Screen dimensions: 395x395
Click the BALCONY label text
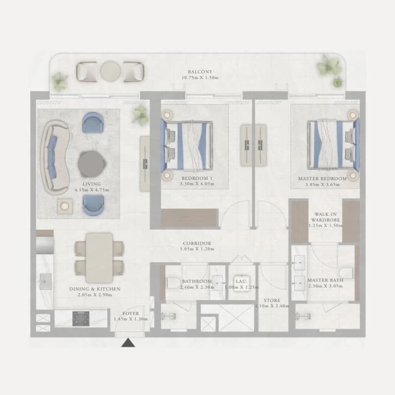point(200,72)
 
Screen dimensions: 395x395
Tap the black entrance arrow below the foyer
point(128,343)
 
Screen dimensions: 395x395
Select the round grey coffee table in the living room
point(91,164)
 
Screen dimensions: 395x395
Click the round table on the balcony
point(110,71)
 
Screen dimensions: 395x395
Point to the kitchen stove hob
point(81,318)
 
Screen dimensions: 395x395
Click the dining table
point(99,258)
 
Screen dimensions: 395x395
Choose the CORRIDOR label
point(197,243)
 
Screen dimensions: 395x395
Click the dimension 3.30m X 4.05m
point(197,184)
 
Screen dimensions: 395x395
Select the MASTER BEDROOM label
point(323,178)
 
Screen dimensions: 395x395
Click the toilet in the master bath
point(346,273)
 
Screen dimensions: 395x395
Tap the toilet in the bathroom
point(174,283)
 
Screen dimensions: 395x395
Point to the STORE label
point(272,301)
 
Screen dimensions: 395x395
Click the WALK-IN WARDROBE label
point(326,217)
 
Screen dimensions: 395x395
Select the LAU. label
point(241,281)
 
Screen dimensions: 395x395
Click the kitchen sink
point(45,282)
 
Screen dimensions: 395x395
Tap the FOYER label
point(131,314)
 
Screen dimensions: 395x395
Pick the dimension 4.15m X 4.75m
point(92,190)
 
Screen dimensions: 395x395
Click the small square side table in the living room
point(65,206)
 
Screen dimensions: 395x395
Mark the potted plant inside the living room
point(140,115)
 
